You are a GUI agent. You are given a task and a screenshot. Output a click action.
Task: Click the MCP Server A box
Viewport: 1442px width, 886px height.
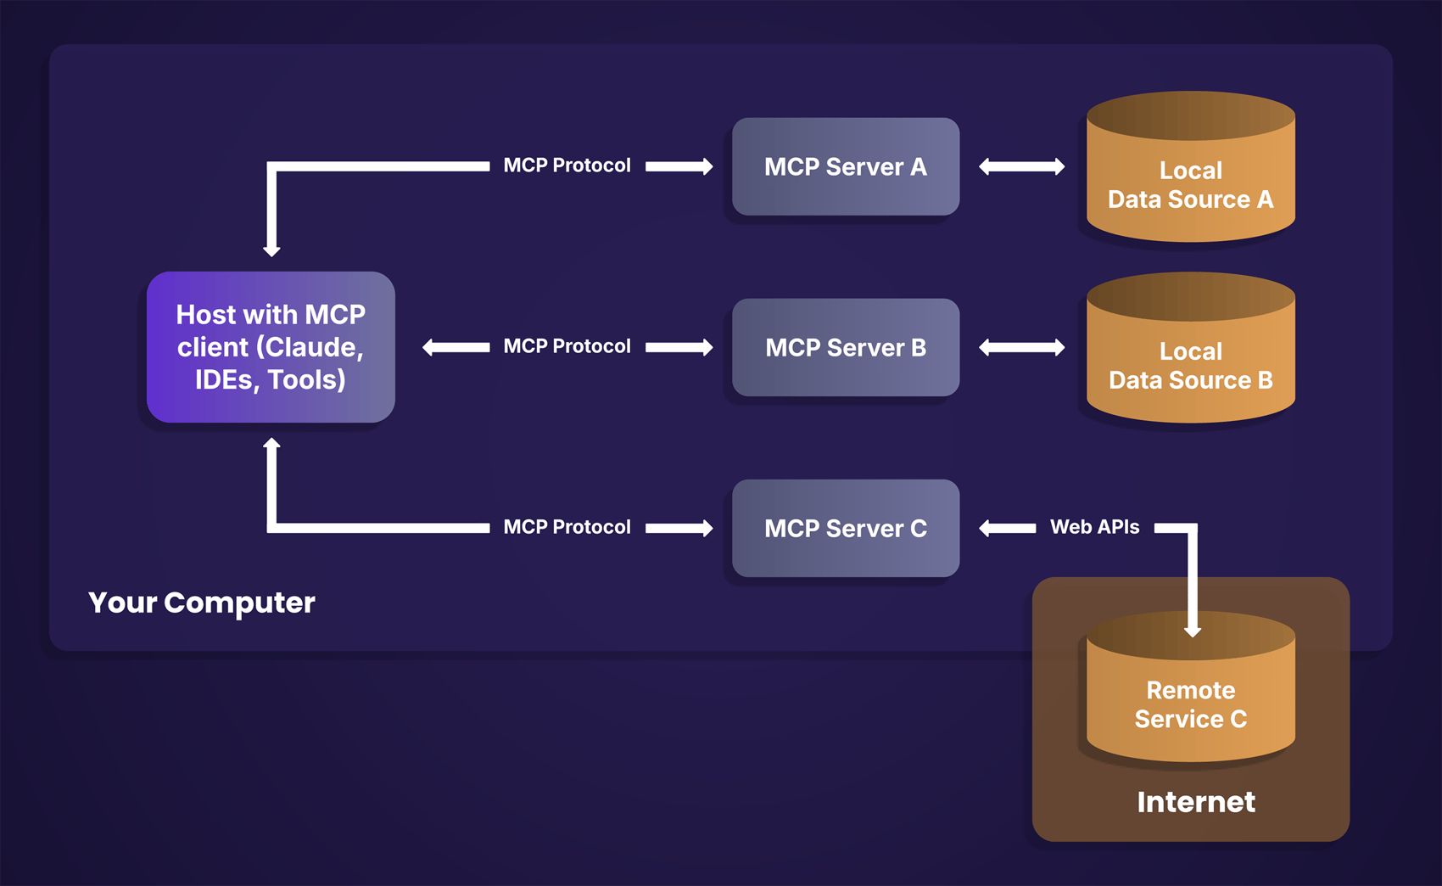[846, 166]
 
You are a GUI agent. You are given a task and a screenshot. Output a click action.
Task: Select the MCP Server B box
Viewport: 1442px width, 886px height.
[846, 347]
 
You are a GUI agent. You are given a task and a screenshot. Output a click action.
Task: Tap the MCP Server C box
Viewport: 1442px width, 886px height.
[846, 528]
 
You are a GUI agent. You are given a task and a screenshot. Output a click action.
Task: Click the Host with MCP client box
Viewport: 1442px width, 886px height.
[271, 347]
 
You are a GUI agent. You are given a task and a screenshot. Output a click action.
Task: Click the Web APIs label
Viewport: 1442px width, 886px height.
[1094, 527]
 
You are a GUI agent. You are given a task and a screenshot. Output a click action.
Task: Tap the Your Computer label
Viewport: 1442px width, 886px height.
[202, 603]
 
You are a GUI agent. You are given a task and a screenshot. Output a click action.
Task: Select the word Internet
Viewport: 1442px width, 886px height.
[1195, 802]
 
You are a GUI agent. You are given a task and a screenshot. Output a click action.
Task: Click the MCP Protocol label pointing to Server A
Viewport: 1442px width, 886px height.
[567, 165]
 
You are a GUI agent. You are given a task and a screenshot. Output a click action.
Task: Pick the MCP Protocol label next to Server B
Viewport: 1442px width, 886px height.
[567, 346]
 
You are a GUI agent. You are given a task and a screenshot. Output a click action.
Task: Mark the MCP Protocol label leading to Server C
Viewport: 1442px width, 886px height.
[567, 527]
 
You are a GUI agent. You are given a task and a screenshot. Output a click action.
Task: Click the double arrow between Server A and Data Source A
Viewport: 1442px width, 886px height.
[1021, 166]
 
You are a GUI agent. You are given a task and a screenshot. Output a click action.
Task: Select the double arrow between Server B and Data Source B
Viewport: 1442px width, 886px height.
[1021, 347]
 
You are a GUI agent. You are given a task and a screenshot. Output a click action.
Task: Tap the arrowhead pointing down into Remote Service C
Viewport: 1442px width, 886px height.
[1192, 631]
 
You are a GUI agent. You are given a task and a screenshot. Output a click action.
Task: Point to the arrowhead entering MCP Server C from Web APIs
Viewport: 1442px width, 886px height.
[986, 528]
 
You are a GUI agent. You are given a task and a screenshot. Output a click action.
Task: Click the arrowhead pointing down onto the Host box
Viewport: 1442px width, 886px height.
[271, 250]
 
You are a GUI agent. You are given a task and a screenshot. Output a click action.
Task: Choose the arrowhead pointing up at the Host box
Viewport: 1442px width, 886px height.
[271, 443]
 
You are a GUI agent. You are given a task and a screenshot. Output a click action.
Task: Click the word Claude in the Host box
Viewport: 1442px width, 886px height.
[313, 347]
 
